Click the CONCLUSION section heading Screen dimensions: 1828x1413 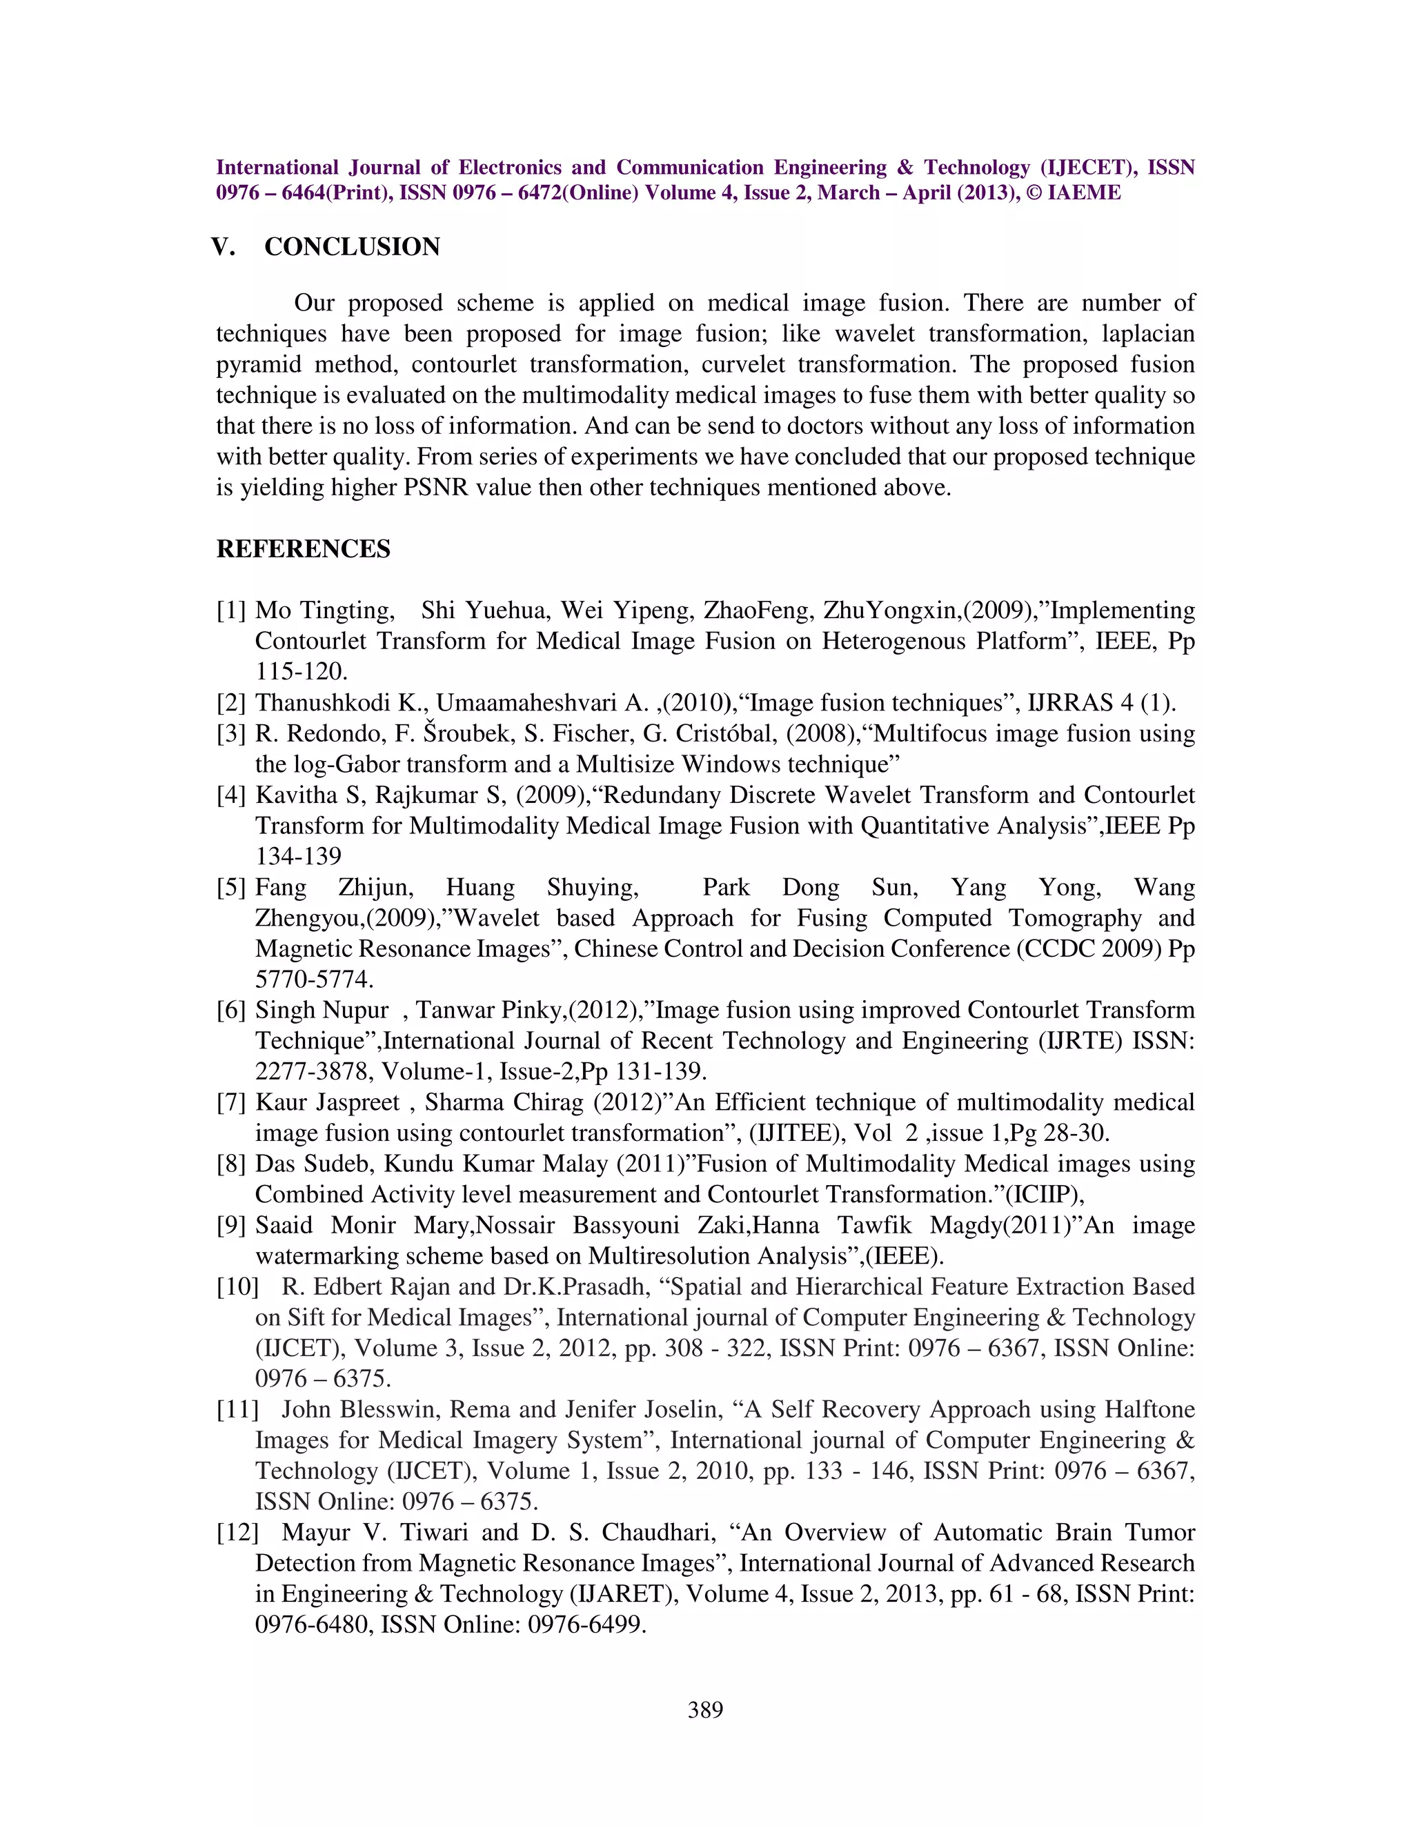(x=352, y=247)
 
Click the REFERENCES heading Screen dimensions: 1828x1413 (x=303, y=549)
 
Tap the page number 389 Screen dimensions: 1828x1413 (x=705, y=1709)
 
